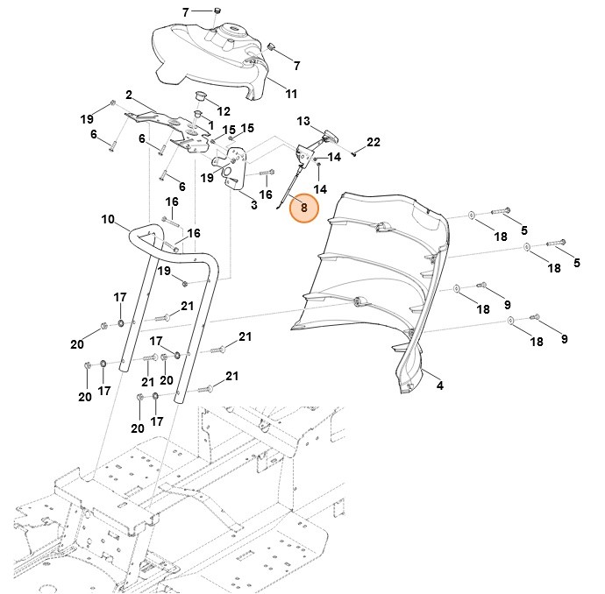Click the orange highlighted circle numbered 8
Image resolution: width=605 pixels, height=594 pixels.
pos(303,208)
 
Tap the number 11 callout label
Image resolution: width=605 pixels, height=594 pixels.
pos(292,94)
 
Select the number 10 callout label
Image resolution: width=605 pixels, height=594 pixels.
pos(108,219)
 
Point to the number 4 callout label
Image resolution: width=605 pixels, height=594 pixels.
pos(439,385)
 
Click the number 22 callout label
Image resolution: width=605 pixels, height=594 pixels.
pos(374,142)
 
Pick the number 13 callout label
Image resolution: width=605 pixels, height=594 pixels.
pos(303,121)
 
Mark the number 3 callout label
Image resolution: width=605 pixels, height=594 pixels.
pos(253,205)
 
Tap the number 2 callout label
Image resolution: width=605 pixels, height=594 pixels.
pos(129,95)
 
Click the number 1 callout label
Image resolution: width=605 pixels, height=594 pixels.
pos(210,127)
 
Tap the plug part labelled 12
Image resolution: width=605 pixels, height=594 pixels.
pos(199,95)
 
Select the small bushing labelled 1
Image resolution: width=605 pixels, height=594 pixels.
pos(198,114)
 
